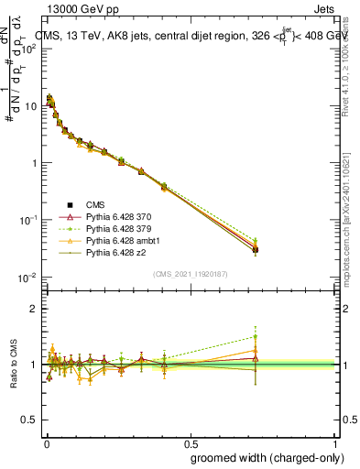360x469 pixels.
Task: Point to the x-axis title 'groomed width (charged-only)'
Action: tap(261, 457)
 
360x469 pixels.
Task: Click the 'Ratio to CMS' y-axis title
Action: tap(15, 365)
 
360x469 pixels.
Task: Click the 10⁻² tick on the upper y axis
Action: tap(27, 278)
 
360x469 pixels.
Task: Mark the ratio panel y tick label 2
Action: tap(32, 309)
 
